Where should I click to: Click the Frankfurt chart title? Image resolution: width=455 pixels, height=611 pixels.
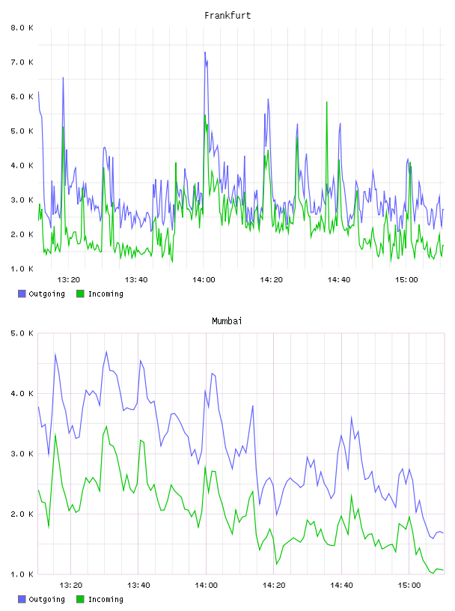(x=227, y=16)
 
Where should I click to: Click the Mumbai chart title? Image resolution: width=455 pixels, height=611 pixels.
(x=227, y=321)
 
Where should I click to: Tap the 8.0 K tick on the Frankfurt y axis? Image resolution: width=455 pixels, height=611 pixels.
(x=22, y=28)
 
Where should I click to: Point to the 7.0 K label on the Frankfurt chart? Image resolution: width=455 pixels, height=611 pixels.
(x=22, y=62)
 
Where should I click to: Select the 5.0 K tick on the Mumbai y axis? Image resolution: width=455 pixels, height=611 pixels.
(x=22, y=333)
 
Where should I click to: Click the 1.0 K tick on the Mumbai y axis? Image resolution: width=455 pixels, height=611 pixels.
(x=22, y=574)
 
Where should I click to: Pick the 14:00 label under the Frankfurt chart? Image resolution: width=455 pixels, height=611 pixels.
(x=204, y=280)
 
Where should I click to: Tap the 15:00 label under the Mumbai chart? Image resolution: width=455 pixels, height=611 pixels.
(x=409, y=586)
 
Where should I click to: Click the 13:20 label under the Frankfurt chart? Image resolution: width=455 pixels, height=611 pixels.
(x=69, y=280)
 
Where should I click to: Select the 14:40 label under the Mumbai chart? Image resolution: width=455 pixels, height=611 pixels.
(x=341, y=586)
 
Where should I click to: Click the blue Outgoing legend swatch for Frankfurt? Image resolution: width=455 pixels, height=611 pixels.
(x=22, y=294)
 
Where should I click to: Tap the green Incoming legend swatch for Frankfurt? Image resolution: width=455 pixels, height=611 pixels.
(x=80, y=294)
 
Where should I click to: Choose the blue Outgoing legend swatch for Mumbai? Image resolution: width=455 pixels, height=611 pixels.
(x=22, y=599)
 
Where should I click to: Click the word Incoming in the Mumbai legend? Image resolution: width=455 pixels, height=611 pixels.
(x=106, y=599)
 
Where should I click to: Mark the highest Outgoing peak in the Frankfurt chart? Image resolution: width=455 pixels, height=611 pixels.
(x=205, y=52)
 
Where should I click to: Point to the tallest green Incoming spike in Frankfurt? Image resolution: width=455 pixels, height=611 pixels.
(x=327, y=102)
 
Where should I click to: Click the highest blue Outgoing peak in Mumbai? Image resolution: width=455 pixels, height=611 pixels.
(x=106, y=352)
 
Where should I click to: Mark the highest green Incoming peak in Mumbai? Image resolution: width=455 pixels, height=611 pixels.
(x=106, y=427)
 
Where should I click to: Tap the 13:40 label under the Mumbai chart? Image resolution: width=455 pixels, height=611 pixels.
(x=138, y=586)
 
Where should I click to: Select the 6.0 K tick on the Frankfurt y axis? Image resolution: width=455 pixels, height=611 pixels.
(x=22, y=97)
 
